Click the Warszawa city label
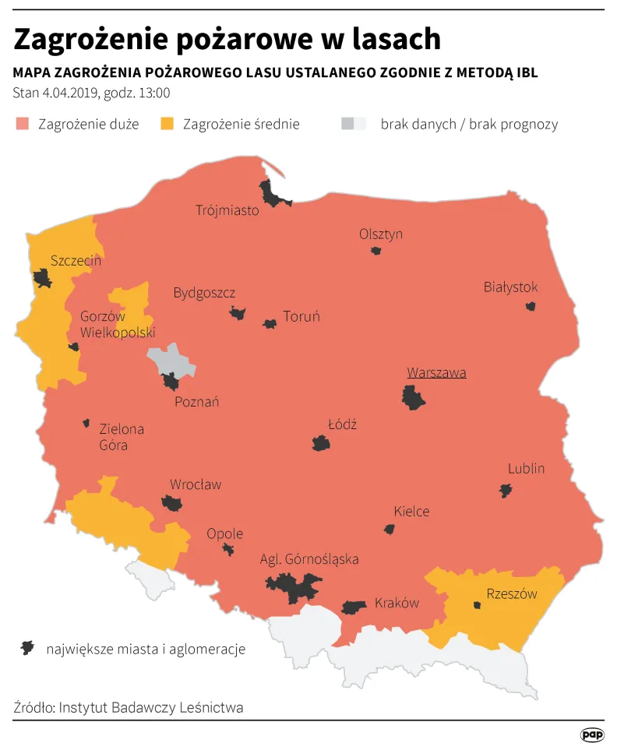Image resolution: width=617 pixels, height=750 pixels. (x=436, y=372)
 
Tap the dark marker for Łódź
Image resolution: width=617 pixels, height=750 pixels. (x=320, y=443)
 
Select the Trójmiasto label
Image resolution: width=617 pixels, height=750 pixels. (x=227, y=210)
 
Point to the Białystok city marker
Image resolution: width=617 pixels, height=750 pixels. (x=531, y=306)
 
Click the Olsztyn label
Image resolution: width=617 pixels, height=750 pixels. (x=381, y=234)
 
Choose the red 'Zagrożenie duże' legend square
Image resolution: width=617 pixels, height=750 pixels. (x=22, y=124)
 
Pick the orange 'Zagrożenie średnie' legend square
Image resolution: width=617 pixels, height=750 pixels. (x=167, y=124)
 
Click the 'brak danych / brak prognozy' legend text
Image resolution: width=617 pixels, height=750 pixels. (x=469, y=124)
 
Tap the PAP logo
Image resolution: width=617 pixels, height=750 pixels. (x=593, y=734)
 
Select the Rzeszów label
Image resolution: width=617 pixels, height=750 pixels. (x=512, y=593)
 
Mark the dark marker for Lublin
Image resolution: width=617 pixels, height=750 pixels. (x=506, y=490)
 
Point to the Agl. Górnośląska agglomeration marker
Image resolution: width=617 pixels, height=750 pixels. (x=294, y=586)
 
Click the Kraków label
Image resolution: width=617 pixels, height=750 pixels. (x=397, y=603)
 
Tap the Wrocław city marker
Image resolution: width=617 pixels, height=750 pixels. (x=171, y=503)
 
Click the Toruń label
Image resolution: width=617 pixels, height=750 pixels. (x=301, y=316)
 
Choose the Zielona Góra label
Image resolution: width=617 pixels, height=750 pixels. (x=122, y=437)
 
